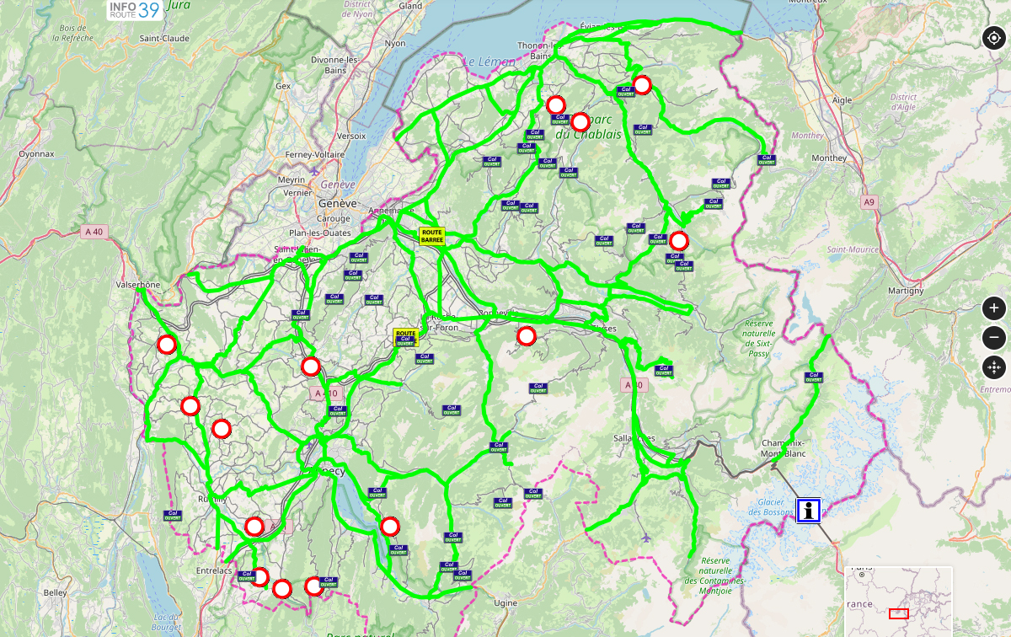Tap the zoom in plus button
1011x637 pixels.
tap(994, 308)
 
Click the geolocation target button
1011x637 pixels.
tap(994, 38)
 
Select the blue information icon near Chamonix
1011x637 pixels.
tap(810, 510)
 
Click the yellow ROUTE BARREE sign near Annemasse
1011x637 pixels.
tap(431, 235)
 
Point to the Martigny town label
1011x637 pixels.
tap(906, 291)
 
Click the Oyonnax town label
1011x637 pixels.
tap(36, 154)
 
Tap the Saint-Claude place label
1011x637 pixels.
tap(164, 38)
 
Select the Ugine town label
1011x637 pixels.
tap(505, 603)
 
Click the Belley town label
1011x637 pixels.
tap(55, 592)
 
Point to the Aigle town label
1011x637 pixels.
tap(842, 99)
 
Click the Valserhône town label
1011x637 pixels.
tap(137, 285)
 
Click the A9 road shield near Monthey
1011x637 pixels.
tap(869, 202)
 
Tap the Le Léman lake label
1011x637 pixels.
tap(484, 62)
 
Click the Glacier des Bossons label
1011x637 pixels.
tap(770, 507)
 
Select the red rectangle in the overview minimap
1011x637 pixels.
tap(899, 613)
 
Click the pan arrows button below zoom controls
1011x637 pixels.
tap(994, 367)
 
